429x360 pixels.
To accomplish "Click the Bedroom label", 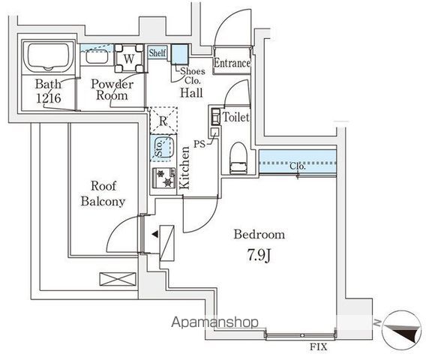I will click(259, 235).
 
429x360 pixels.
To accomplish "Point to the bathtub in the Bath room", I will click(48, 58).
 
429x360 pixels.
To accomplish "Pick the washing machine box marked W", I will click(129, 58).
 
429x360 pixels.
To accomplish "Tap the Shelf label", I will click(157, 53).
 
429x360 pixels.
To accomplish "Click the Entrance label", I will click(232, 64).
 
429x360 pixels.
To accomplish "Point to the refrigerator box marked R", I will click(163, 119).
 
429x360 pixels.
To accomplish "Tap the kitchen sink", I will click(162, 148).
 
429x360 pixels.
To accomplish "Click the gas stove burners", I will click(163, 178).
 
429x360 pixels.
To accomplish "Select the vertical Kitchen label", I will click(184, 168).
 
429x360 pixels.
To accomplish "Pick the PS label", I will click(199, 142).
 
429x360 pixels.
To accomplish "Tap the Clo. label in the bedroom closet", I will click(298, 166).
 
